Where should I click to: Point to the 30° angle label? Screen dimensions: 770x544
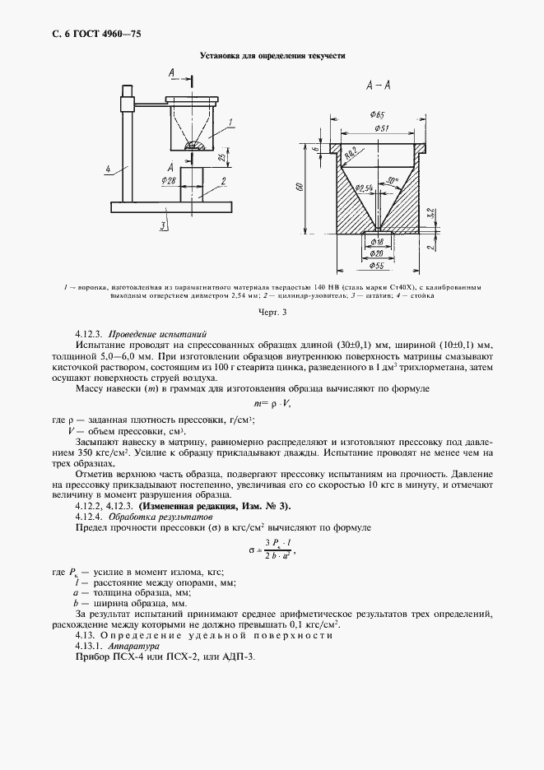pyautogui.click(x=393, y=180)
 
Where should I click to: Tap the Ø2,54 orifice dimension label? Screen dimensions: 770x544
pyautogui.click(x=365, y=190)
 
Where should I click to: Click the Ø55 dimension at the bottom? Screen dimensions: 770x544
pyautogui.click(x=379, y=267)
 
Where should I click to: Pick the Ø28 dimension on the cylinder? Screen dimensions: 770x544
pyautogui.click(x=170, y=179)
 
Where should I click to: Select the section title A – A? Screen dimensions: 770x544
pyautogui.click(x=378, y=83)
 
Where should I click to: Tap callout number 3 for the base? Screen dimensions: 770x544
pyautogui.click(x=164, y=224)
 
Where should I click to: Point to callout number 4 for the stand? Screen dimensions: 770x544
pyautogui.click(x=109, y=169)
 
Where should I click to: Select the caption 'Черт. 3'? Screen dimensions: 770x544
pyautogui.click(x=272, y=313)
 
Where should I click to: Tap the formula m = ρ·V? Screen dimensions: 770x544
pyautogui.click(x=272, y=403)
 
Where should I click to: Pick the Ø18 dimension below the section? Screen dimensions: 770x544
pyautogui.click(x=377, y=243)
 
